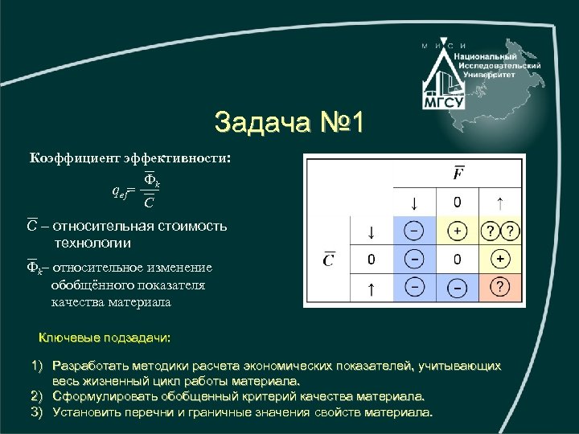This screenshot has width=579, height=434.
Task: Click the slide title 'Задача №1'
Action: click(x=289, y=122)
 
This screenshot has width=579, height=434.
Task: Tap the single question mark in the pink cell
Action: click(x=500, y=287)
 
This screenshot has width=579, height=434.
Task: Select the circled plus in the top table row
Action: click(x=457, y=231)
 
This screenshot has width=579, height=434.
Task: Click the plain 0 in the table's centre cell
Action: click(x=457, y=259)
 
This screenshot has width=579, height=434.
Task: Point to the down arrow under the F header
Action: click(x=413, y=201)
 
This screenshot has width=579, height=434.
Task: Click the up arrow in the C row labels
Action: click(x=371, y=287)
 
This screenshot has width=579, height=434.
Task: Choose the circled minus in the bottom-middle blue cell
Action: click(x=457, y=287)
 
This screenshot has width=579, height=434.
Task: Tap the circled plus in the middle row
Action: click(x=500, y=259)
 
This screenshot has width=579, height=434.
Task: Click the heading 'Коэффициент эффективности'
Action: click(x=129, y=158)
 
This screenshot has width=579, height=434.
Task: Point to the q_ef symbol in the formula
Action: click(x=121, y=191)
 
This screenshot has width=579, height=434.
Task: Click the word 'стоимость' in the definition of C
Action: click(x=186, y=227)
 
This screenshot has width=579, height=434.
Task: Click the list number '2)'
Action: click(x=36, y=396)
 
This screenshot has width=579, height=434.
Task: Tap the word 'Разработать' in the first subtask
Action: click(x=90, y=366)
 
